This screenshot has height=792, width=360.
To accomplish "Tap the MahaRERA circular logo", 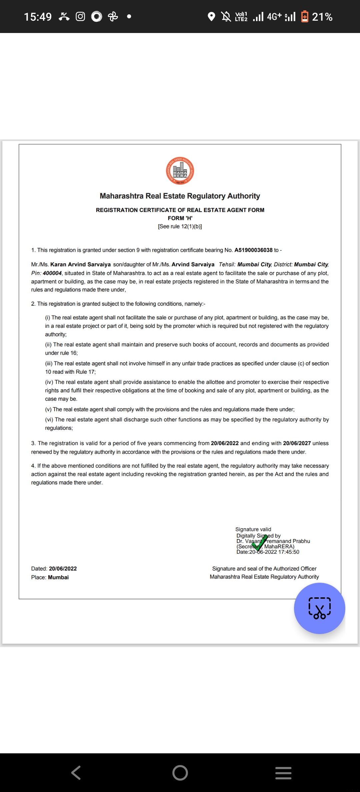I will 180,171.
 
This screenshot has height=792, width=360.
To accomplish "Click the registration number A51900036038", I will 253,250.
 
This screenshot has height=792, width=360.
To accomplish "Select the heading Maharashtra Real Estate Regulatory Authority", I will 180,196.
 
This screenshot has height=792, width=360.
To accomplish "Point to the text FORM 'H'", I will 180,218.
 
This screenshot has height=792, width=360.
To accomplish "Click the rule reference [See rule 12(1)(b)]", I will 180,226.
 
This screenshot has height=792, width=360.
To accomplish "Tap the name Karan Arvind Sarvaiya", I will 80,264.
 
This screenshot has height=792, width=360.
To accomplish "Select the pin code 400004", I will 52,273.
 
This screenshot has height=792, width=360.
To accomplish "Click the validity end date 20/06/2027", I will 297,443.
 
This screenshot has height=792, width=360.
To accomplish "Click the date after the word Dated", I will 63,568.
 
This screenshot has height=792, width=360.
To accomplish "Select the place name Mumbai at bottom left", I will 58,577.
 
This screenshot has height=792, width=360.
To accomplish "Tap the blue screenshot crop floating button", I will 319,608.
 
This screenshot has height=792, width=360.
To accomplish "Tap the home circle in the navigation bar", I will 180,772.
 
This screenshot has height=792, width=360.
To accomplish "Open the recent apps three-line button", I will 283,772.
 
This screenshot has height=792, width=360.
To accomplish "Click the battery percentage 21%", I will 322,17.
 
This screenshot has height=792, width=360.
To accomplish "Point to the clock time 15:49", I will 38,17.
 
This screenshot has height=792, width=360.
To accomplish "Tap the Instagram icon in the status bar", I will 80,16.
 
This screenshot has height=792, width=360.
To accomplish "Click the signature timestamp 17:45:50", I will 289,552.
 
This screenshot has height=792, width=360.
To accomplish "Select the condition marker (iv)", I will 49,382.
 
